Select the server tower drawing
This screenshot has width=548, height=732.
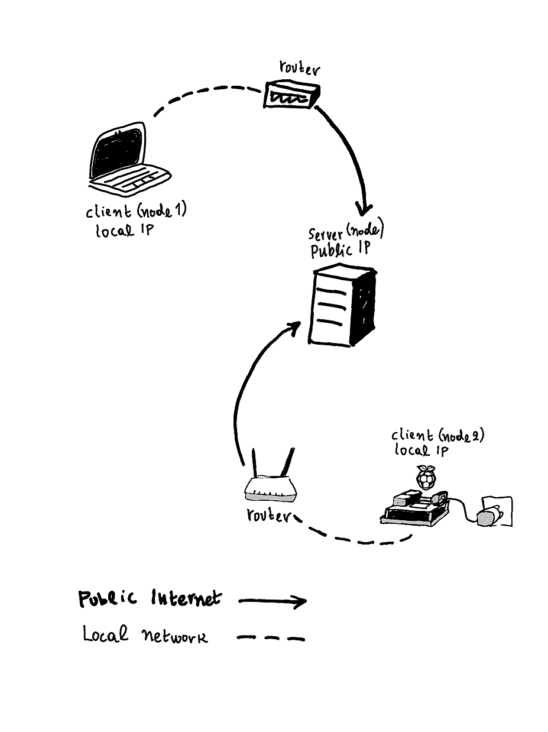(342, 306)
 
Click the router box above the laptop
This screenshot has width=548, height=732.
(291, 95)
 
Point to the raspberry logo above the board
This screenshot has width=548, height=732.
(425, 477)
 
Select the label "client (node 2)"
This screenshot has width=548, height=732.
(437, 436)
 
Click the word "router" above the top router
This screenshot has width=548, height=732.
(299, 69)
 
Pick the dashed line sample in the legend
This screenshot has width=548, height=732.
(271, 638)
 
